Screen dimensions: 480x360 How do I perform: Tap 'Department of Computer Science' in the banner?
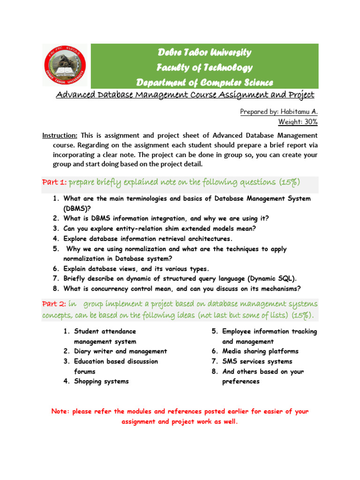tap(204, 82)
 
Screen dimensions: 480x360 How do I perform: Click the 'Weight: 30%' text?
tap(298, 122)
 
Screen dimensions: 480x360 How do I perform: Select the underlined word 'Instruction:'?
tap(60, 135)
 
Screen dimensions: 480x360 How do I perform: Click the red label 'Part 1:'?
tap(54, 182)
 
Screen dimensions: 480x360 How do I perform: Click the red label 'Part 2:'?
tap(54, 304)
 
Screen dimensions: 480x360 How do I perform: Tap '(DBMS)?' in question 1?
tap(78, 208)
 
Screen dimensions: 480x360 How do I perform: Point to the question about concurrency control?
tap(182, 288)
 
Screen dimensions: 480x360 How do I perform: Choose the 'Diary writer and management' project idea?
tap(120, 351)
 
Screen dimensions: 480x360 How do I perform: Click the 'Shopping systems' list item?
tap(101, 381)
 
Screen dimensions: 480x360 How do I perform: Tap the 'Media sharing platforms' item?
tap(260, 351)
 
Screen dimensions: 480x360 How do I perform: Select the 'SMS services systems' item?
tap(257, 361)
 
